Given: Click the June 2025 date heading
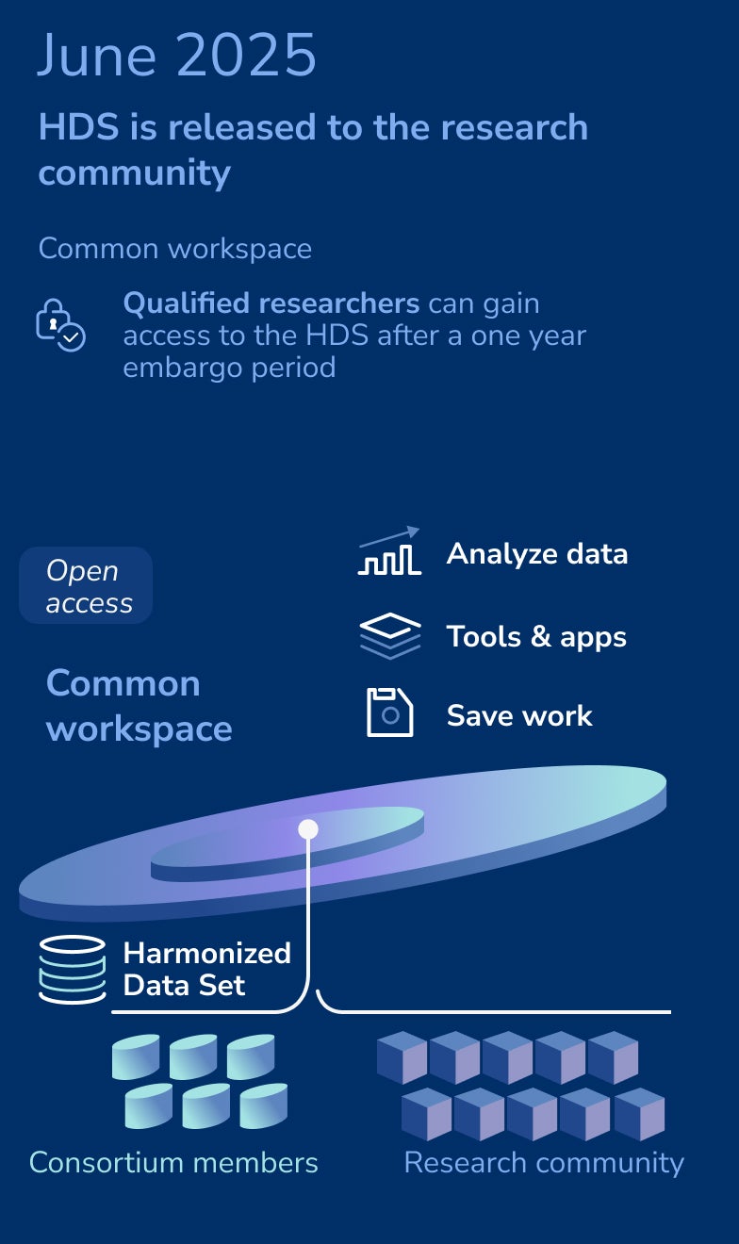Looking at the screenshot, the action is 176,55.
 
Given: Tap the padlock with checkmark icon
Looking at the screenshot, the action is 60,325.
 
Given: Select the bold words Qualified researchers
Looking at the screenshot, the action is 271,303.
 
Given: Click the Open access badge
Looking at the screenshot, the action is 86,585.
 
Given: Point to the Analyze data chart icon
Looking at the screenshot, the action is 389,551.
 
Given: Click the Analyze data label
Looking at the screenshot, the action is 537,554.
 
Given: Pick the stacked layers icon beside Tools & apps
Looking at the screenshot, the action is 390,636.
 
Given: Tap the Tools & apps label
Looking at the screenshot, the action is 536,636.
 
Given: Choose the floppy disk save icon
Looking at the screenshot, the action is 390,712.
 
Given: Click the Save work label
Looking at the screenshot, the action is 519,715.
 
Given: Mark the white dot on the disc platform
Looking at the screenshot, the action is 308,829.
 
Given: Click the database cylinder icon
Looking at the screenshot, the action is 73,970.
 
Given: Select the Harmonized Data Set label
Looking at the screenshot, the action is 206,969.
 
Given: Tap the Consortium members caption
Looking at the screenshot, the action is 173,1162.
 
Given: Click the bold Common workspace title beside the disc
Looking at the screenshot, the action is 139,706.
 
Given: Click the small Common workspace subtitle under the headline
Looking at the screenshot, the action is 175,249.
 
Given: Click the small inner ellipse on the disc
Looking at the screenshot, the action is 287,844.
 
